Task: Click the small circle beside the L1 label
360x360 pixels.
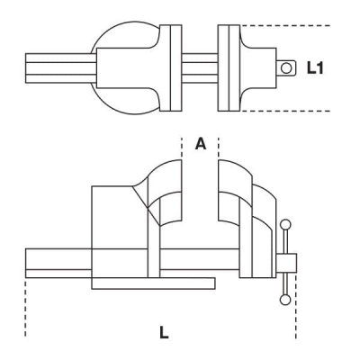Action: pyautogui.click(x=287, y=67)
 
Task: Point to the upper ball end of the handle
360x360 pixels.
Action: pyautogui.click(x=286, y=225)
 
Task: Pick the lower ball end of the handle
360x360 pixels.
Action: pyautogui.click(x=286, y=299)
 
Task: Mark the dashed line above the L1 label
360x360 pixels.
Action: pyautogui.click(x=270, y=24)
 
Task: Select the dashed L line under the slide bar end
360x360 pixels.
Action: pyautogui.click(x=26, y=306)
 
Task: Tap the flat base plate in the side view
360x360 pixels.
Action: pyautogui.click(x=153, y=283)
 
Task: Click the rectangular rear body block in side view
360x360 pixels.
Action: pyautogui.click(x=112, y=229)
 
